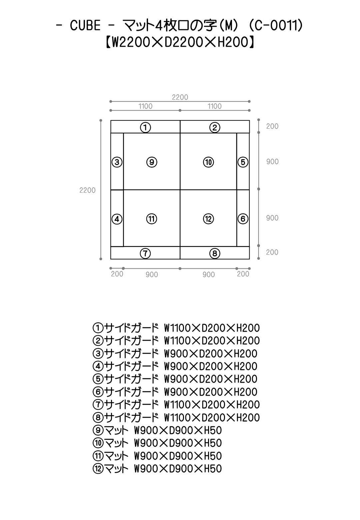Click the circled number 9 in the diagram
(152, 162)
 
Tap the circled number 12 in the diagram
(208, 219)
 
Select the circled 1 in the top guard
(145, 127)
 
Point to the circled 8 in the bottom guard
(215, 254)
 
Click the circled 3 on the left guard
(117, 162)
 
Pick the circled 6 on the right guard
(243, 219)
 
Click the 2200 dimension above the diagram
(180, 97)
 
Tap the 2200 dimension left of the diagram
(87, 190)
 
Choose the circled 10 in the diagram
(208, 162)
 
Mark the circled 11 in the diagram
(152, 219)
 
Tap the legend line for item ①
(176, 328)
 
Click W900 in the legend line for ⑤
(176, 379)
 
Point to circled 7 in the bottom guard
(145, 254)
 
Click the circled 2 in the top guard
(215, 127)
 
